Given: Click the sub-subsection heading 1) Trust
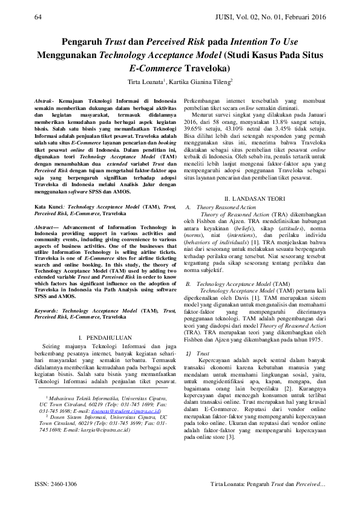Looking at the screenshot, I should (x=199, y=336).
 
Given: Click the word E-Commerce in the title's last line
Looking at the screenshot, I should (x=156, y=68).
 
